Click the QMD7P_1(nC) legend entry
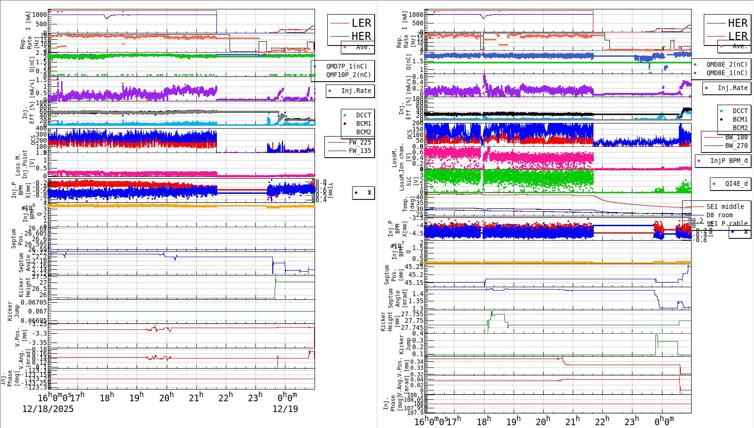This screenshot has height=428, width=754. [346, 66]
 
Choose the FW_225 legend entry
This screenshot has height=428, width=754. [360, 142]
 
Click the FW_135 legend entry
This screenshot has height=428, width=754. [360, 151]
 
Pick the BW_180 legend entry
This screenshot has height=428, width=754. [736, 137]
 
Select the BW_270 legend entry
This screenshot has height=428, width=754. [736, 145]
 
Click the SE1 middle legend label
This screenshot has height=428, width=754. [725, 206]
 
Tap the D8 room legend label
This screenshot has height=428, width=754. [719, 215]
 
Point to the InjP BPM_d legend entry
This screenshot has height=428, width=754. [729, 160]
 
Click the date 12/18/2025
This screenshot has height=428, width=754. [48, 409]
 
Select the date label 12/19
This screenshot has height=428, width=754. [285, 409]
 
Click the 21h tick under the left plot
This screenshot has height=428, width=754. [196, 397]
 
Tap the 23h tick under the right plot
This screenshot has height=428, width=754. [631, 421]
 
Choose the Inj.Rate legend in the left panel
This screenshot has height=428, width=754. [356, 91]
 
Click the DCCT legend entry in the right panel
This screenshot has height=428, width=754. [740, 111]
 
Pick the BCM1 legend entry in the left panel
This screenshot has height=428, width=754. [363, 123]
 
